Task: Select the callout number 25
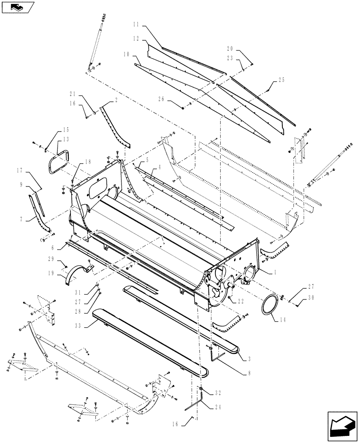pyautogui.click(x=282, y=80)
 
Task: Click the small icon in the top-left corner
pyautogui.click(x=18, y=7)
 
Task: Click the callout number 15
pyautogui.click(x=66, y=129)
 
